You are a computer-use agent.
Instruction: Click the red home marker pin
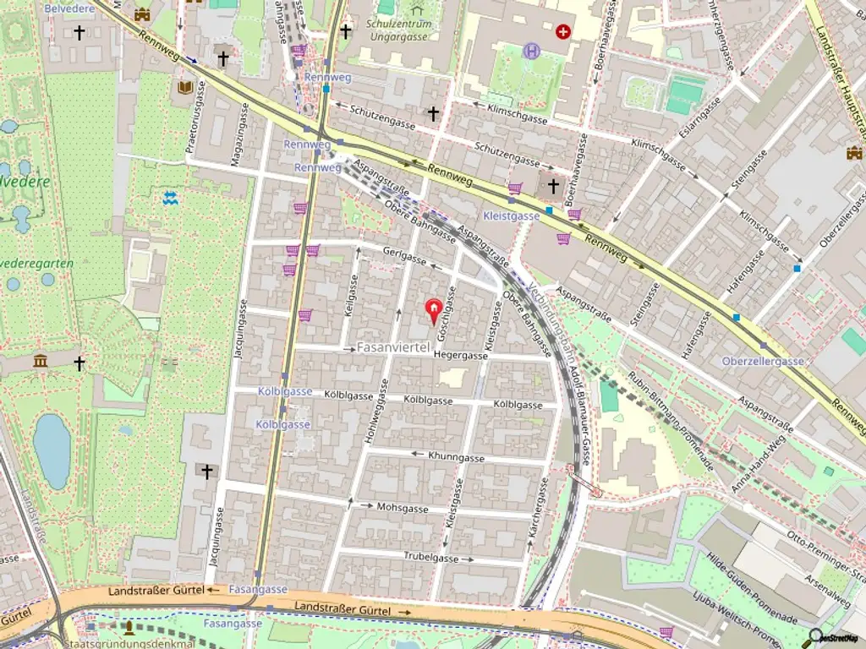pos(433,311)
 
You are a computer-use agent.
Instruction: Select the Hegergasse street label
pos(461,357)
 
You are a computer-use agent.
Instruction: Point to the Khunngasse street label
pos(456,457)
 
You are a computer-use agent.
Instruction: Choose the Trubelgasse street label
pos(430,559)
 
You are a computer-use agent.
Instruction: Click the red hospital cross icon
pos(563,31)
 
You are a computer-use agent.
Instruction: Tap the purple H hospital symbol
pos(531,51)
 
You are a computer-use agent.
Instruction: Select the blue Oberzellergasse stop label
pos(763,361)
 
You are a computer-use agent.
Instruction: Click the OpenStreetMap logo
pos(837,636)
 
